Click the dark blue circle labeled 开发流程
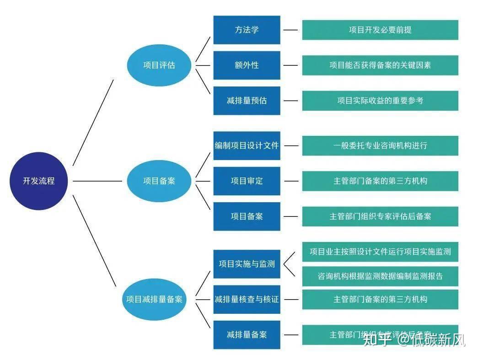[39, 181]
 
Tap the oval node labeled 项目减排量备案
[154, 299]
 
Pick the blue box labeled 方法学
[247, 30]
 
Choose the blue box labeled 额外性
[247, 65]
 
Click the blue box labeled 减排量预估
[247, 100]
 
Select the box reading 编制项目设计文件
[247, 145]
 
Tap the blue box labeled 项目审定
[247, 181]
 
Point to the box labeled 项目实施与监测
[247, 264]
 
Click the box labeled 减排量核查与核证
[247, 299]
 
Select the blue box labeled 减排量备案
[247, 334]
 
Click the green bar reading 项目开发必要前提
[380, 30]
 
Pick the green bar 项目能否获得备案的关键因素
[380, 65]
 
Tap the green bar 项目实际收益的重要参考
[380, 100]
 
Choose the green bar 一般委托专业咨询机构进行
[380, 145]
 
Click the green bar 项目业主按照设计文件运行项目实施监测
[380, 252]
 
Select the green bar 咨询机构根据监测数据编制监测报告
[380, 276]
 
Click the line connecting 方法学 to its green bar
[290, 30]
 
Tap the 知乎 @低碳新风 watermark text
[414, 340]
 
